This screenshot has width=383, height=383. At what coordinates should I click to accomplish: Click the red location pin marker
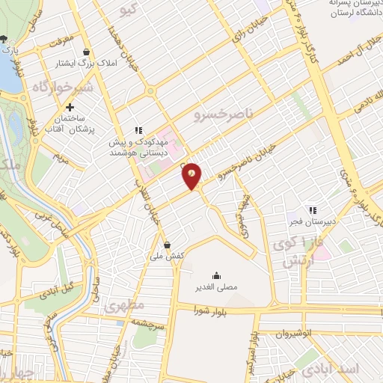(192, 175)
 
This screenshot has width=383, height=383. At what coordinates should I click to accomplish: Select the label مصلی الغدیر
(215, 287)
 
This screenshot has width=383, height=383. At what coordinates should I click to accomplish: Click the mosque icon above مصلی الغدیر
(216, 275)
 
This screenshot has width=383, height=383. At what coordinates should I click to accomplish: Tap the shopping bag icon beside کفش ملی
(166, 245)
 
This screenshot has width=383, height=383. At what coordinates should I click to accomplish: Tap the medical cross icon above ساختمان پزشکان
(70, 107)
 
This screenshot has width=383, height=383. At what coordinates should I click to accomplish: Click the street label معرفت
(58, 37)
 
